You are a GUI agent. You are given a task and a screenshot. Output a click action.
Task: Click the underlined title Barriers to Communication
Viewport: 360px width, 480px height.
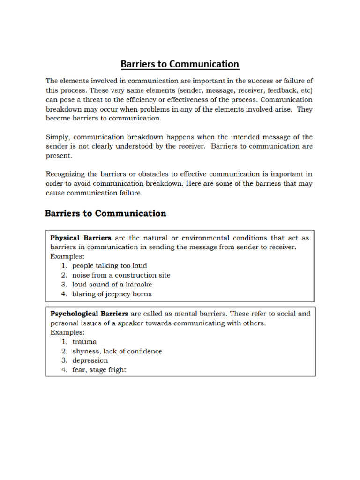[180, 64]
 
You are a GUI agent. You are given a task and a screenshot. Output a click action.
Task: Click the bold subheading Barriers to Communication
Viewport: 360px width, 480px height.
[105, 214]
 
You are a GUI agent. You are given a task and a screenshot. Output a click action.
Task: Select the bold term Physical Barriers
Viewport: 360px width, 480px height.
[81, 238]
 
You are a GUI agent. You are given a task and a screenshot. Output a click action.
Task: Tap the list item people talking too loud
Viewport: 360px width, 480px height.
[110, 266]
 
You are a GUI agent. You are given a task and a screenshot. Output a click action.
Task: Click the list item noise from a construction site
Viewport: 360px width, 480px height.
[121, 275]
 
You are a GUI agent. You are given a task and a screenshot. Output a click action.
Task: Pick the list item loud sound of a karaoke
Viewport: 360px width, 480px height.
[112, 285]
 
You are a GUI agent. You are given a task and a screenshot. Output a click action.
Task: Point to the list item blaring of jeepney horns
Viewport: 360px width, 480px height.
[112, 294]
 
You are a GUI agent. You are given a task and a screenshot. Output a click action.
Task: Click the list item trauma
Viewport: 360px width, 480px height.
[84, 342]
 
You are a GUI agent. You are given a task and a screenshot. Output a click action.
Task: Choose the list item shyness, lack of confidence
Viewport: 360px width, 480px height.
[117, 351]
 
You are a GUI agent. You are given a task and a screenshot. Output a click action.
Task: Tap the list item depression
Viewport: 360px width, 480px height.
[90, 360]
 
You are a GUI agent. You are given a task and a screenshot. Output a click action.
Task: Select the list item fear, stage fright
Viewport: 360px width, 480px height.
[99, 370]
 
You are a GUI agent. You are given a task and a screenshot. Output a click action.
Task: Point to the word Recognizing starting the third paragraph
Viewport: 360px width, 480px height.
[67, 174]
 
